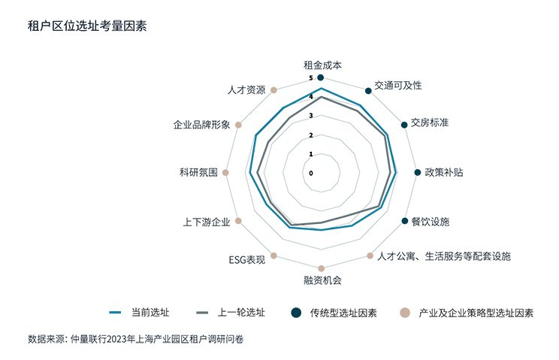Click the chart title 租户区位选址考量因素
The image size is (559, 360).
(87, 26)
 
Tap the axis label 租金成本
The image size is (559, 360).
(322, 65)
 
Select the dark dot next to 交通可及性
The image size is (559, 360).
(368, 91)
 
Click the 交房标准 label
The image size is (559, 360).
(430, 123)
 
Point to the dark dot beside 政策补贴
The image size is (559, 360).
(418, 173)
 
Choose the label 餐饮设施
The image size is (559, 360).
(431, 222)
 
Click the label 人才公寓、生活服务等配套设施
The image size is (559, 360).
(444, 256)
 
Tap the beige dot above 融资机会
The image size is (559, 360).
(322, 268)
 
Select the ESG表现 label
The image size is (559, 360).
(247, 260)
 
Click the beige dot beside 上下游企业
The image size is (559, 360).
(238, 221)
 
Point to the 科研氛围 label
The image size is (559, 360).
(198, 173)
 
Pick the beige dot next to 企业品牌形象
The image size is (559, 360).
(238, 125)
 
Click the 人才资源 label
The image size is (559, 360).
(246, 90)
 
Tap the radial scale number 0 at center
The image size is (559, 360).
(311, 173)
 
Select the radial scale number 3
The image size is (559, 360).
(311, 116)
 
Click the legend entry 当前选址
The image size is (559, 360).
(140, 313)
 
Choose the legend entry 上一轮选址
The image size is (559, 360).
(231, 313)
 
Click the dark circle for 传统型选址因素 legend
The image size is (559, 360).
(296, 313)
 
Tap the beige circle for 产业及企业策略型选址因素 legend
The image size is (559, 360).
(404, 313)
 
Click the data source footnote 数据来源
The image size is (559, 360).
(135, 339)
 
